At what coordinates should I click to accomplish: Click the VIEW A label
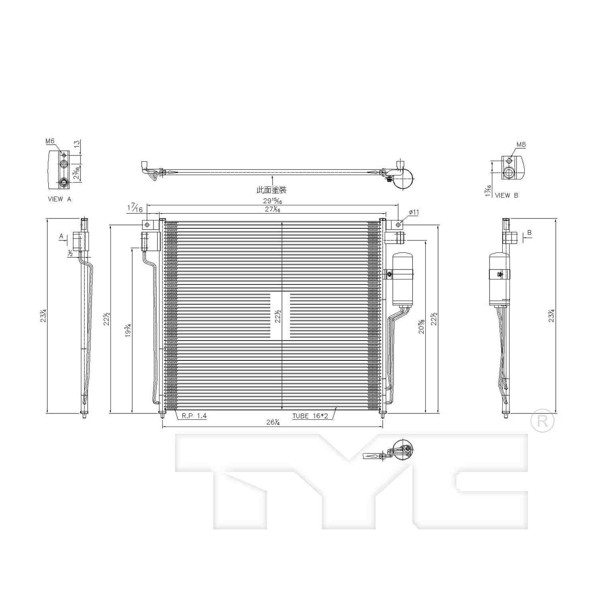tap(59, 199)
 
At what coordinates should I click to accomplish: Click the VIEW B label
tap(507, 195)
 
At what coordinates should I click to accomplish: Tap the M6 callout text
tap(50, 141)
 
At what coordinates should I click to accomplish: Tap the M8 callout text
tap(521, 145)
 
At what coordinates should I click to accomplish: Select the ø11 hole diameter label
tap(414, 212)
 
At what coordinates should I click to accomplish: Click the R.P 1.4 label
tap(194, 416)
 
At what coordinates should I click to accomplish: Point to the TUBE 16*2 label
tap(310, 416)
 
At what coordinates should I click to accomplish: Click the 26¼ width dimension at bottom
tap(273, 423)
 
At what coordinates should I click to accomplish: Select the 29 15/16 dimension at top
tap(273, 201)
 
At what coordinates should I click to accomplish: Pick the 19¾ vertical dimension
tap(128, 330)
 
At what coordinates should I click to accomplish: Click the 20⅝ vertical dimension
tap(421, 326)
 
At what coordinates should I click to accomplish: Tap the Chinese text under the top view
tap(271, 190)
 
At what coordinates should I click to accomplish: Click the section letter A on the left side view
tap(61, 236)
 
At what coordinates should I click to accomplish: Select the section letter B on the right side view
tap(529, 233)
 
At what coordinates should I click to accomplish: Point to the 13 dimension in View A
tap(77, 144)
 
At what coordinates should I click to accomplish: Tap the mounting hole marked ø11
tap(398, 225)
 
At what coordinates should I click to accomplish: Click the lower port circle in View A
tap(63, 183)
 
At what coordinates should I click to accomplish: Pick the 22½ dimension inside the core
tap(278, 316)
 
